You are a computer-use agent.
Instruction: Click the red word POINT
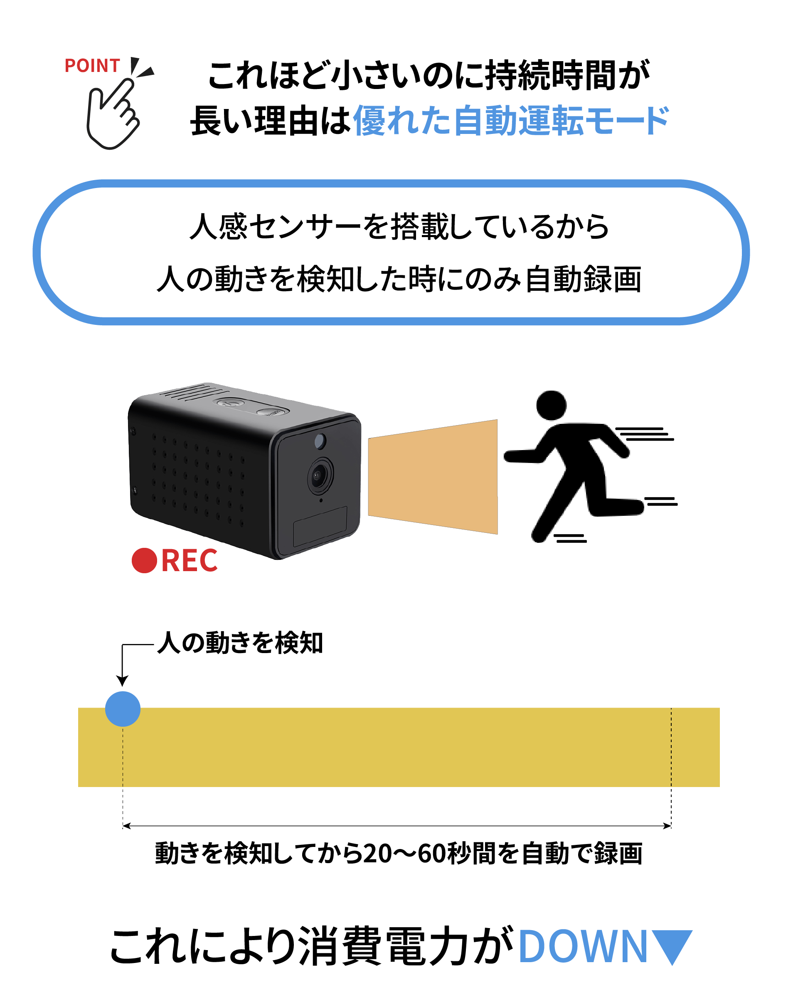[x=92, y=66]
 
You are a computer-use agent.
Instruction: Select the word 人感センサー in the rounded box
[x=275, y=227]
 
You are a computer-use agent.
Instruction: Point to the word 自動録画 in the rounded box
[x=583, y=279]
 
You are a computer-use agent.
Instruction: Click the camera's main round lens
[x=320, y=475]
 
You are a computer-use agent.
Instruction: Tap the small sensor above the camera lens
[x=320, y=441]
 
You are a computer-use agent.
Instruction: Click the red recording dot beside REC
[x=144, y=560]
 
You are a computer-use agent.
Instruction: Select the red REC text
[x=190, y=560]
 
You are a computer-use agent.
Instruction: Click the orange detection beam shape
[x=433, y=477]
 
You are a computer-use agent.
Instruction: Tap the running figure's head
[x=551, y=406]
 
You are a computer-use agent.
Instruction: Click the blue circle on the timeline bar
[x=123, y=709]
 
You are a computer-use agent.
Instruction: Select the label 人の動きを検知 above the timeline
[x=240, y=643]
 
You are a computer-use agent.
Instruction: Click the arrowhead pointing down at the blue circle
[x=122, y=681]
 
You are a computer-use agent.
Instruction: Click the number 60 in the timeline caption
[x=432, y=854]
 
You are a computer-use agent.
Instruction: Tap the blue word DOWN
[x=583, y=946]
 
